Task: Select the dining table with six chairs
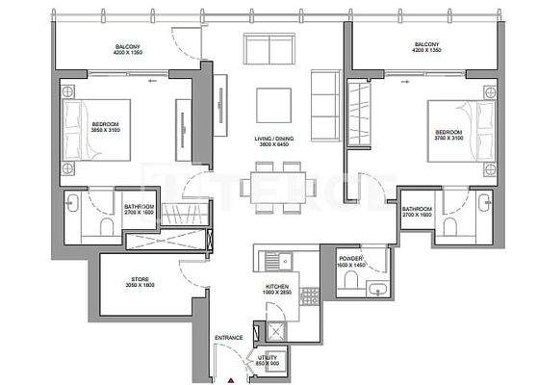278,183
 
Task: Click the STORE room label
141,278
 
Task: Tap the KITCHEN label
278,287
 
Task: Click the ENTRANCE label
228,337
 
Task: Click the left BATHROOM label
140,207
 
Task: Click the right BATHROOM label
418,209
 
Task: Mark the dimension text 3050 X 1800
141,286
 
